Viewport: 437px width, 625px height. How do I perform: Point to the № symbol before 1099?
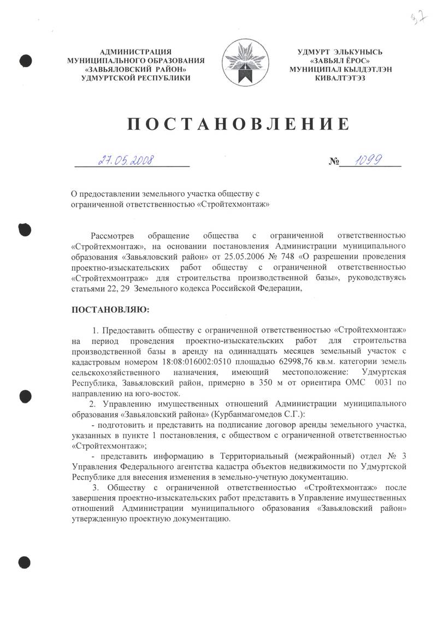coord(334,162)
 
